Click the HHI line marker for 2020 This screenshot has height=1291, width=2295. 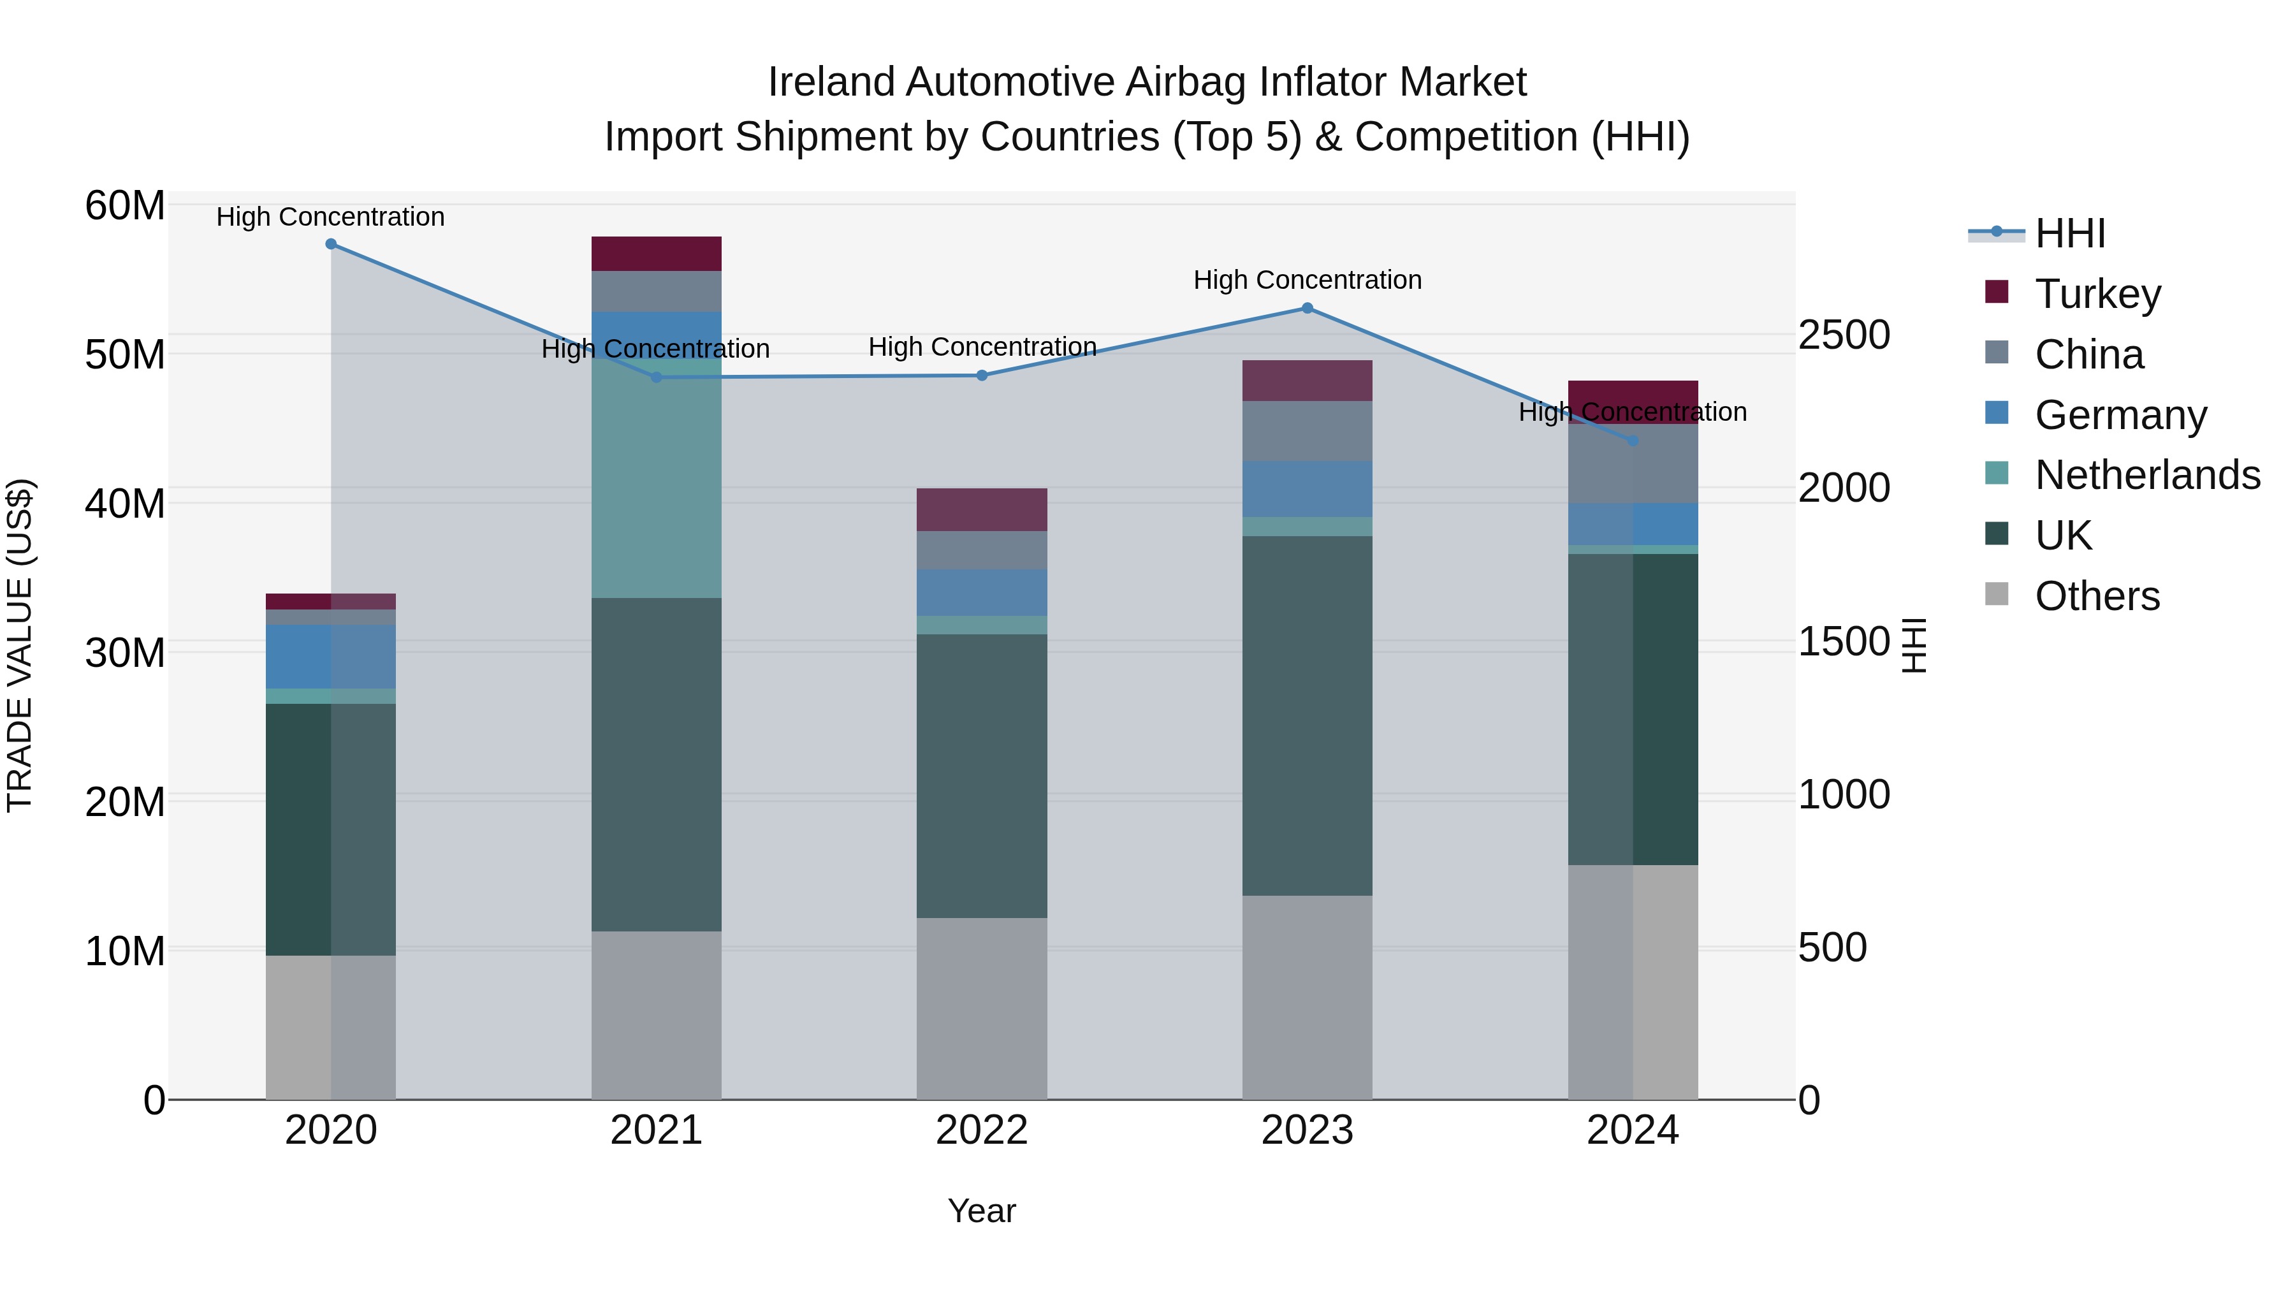tap(330, 244)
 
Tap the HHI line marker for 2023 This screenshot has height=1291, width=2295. tap(1307, 309)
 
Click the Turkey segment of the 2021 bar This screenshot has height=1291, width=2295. tap(656, 254)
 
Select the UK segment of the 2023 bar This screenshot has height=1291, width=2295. tap(1307, 715)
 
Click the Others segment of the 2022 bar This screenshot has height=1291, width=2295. tap(981, 1009)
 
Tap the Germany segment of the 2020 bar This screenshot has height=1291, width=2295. tap(330, 657)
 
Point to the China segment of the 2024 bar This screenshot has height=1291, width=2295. tap(1632, 464)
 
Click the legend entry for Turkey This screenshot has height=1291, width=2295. tap(2097, 294)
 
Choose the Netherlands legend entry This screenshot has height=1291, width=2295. tap(2146, 475)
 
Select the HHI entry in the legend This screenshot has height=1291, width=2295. tap(2069, 233)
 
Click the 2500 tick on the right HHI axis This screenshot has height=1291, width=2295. tap(1843, 335)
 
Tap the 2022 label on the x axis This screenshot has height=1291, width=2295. tap(981, 1130)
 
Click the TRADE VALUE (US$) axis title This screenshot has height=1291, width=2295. tap(20, 645)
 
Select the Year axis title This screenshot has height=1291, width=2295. tap(981, 1211)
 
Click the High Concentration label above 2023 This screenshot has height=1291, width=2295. tap(1307, 280)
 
